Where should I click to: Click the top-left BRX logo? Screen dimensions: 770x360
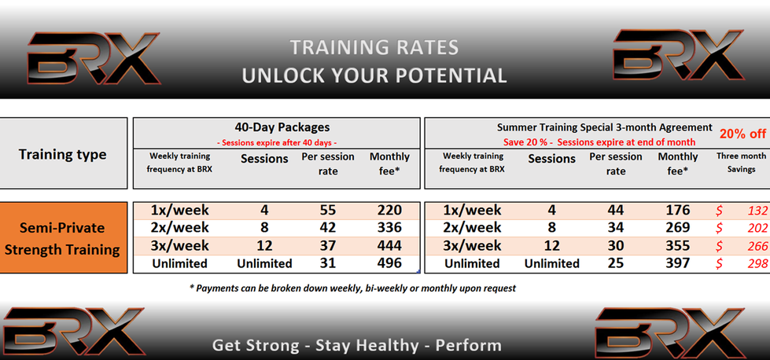click(x=94, y=58)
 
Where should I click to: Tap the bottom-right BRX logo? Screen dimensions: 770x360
click(x=670, y=333)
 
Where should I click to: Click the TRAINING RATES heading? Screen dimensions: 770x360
click(x=374, y=48)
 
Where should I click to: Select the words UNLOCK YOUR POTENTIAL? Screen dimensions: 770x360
click(x=374, y=75)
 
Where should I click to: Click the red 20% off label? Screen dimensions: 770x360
click(x=743, y=134)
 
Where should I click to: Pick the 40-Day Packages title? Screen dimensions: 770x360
click(x=282, y=127)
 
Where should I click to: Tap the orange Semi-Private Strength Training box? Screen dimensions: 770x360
click(x=64, y=238)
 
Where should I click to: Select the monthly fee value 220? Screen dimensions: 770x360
click(x=389, y=211)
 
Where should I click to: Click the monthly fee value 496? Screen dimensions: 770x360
click(x=389, y=263)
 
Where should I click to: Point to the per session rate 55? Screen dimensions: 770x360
click(x=327, y=211)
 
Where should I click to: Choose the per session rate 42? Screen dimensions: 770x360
click(x=327, y=228)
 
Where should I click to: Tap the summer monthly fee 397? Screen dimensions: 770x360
click(x=678, y=263)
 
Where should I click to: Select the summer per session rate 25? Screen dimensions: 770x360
click(x=615, y=263)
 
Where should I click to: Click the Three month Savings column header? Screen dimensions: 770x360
click(x=741, y=163)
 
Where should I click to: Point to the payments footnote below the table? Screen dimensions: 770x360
click(x=352, y=288)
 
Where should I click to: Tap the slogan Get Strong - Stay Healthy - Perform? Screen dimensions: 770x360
click(x=357, y=345)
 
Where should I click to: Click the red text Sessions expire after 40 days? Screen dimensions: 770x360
click(x=277, y=143)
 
